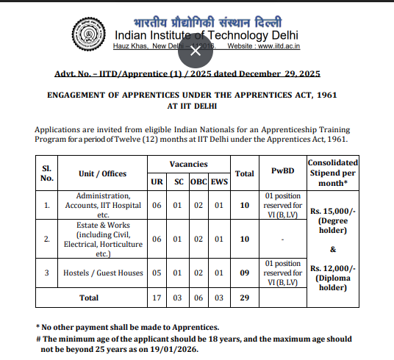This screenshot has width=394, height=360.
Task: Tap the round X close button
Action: coord(195,51)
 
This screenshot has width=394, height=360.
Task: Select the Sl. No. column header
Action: coord(47,173)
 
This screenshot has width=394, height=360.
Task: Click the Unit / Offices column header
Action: coord(103,174)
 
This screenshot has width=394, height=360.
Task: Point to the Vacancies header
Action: coord(188,164)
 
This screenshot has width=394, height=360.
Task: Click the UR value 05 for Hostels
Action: coord(157,273)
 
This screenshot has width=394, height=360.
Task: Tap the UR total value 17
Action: coord(157,298)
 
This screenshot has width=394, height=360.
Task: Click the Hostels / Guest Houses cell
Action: coord(103,273)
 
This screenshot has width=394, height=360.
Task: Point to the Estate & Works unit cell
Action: coord(103,239)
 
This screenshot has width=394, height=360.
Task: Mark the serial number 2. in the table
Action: coord(46,240)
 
